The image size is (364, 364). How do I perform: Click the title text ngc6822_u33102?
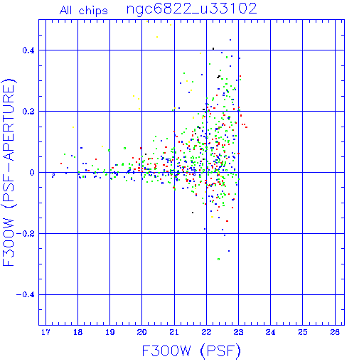click(x=191, y=9)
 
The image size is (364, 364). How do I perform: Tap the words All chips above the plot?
click(x=84, y=11)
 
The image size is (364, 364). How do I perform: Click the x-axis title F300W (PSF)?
click(x=191, y=351)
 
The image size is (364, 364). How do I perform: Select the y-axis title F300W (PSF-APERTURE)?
click(x=9, y=172)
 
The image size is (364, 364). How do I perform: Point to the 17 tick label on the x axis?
click(x=45, y=332)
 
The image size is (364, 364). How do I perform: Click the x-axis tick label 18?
click(x=77, y=332)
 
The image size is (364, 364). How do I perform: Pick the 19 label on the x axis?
click(x=110, y=332)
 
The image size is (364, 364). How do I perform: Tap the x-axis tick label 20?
click(x=142, y=332)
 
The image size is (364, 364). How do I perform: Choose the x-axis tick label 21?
click(x=174, y=332)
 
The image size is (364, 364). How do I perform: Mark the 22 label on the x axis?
click(x=206, y=332)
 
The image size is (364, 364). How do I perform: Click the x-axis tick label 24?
click(x=270, y=332)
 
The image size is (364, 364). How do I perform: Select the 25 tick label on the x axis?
click(x=303, y=332)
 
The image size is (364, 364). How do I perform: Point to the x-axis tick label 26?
click(x=335, y=332)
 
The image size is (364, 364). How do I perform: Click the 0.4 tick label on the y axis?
click(x=28, y=50)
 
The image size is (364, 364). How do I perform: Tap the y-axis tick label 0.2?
click(x=28, y=112)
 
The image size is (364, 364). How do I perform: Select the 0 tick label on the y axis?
click(x=32, y=173)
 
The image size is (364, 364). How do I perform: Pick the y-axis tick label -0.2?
click(x=26, y=234)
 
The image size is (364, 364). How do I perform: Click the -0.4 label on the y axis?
click(x=26, y=295)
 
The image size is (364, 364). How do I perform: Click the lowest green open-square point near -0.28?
click(x=218, y=259)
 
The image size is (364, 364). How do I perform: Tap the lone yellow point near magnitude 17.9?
click(x=73, y=127)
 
